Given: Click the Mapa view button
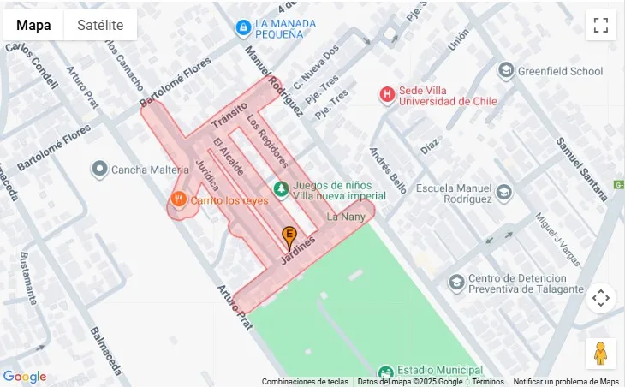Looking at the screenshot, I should coord(33,25).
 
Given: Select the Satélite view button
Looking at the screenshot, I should coord(100,25).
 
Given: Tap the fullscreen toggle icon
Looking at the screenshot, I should coord(600,25).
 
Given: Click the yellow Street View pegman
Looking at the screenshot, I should coord(600,353).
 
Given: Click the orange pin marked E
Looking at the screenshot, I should coord(289,235).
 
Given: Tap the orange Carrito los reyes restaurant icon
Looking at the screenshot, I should coord(178,199).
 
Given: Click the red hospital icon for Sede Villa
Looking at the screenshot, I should coord(388,93).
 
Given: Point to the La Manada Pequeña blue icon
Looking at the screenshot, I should coord(243,28).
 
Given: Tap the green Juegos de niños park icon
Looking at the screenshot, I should coord(280,188).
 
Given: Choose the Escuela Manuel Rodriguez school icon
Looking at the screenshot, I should coord(503,192).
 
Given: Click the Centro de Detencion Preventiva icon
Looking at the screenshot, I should coord(456,281).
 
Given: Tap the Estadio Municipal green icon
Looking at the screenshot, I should coord(385,372).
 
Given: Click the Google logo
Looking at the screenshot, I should coord(25,377).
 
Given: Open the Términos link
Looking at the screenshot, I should coord(488,382).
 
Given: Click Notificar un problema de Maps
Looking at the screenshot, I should coord(566,382).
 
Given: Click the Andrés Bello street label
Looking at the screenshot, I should coord(388,169).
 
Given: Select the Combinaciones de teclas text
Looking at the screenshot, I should coord(305,382).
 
